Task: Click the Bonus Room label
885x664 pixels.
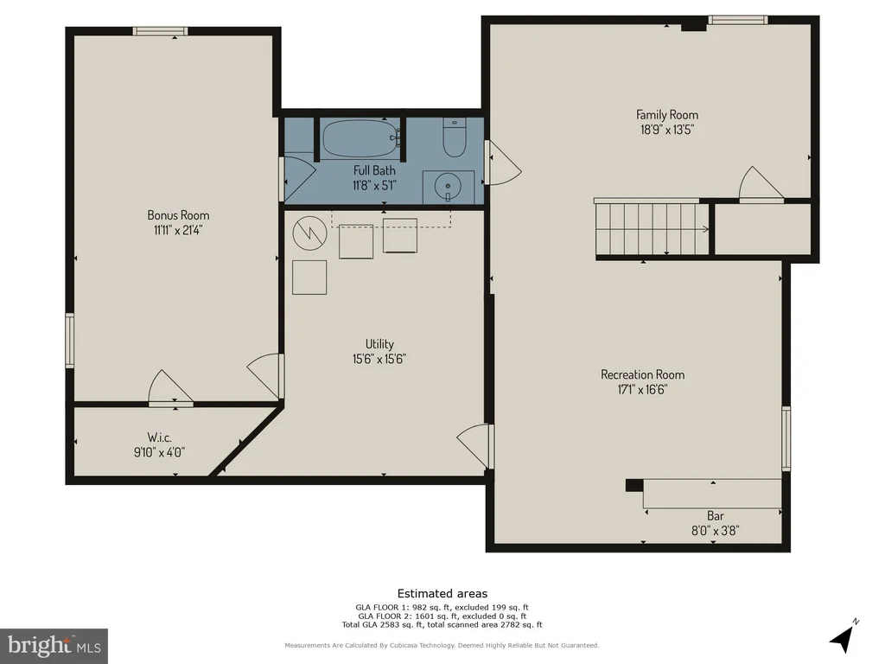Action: [x=178, y=215]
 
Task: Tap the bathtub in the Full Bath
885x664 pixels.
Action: [x=360, y=137]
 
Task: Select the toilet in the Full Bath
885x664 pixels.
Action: [x=454, y=137]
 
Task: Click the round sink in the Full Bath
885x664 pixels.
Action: [x=449, y=186]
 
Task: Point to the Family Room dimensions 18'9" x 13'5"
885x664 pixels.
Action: [x=667, y=130]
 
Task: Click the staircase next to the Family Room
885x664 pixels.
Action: [x=652, y=228]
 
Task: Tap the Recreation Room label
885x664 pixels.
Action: [x=643, y=374]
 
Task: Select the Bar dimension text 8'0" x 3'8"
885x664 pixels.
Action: [x=715, y=530]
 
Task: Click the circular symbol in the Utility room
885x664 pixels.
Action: [x=310, y=233]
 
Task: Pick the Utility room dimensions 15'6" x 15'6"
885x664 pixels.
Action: [x=379, y=359]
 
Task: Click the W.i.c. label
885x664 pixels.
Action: [x=160, y=437]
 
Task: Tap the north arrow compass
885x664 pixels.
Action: [x=844, y=637]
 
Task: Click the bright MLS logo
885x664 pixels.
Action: [x=54, y=646]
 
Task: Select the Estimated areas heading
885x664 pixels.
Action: [x=442, y=593]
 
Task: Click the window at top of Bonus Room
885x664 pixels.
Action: [x=160, y=31]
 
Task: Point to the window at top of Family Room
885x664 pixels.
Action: [x=738, y=20]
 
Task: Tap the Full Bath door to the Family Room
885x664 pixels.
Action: [x=502, y=163]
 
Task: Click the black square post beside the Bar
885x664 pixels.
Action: [x=634, y=485]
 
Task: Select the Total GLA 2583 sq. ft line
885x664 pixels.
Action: [x=442, y=624]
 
